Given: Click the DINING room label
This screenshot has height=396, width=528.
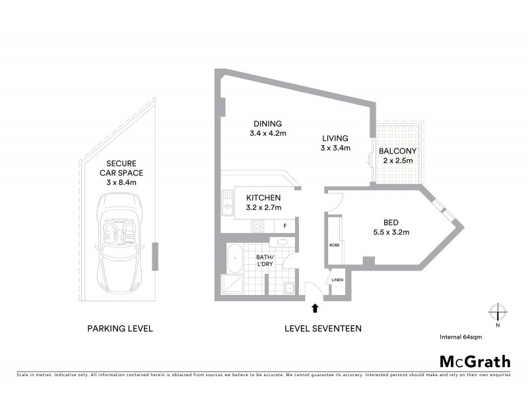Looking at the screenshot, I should point(266,123).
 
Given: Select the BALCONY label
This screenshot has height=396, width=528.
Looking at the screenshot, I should point(397,150).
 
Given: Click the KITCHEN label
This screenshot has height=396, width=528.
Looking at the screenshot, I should point(263,197).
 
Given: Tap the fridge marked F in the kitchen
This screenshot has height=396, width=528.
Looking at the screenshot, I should point(284,226).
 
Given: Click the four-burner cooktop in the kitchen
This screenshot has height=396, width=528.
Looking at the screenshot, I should point(258,226).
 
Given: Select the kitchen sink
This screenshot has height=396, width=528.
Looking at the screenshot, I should point(228,203).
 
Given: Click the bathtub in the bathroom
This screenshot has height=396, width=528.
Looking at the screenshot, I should point(234,258).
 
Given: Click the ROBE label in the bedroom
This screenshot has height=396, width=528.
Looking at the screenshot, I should point(334,245).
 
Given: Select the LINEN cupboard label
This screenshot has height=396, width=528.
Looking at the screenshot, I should point(337,280).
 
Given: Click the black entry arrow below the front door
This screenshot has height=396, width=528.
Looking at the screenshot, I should point(315,307).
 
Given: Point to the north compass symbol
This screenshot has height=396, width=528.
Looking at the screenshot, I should point(496,312).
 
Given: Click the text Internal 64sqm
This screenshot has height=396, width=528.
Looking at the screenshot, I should point(461,337).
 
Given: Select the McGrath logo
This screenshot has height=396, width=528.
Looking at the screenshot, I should point(475,361).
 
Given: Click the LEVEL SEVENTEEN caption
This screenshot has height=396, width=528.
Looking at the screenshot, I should point(323,328).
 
